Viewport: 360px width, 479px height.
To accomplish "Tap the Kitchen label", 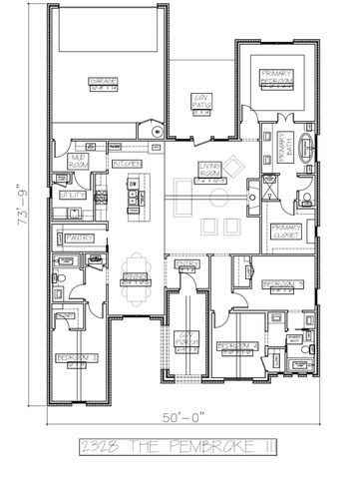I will click(127, 162).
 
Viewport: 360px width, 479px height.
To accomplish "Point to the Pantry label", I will click(77, 238).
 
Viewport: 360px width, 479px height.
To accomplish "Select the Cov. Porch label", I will click(182, 339).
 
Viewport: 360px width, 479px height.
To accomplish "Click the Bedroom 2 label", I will click(76, 357).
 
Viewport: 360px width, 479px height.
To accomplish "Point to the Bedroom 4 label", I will click(237, 346).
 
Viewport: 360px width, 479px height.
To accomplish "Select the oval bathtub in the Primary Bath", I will click(306, 150).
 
